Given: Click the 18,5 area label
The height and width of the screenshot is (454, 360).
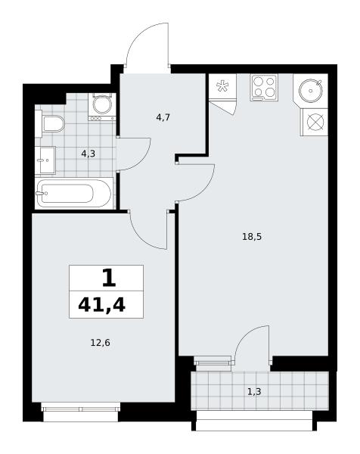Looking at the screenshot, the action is (x=252, y=237).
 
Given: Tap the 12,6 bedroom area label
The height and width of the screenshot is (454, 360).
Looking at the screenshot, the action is (x=100, y=343).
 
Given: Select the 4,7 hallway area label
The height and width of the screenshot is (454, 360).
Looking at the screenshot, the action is (x=163, y=117).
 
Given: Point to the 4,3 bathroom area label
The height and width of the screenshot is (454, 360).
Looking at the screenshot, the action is (x=88, y=154).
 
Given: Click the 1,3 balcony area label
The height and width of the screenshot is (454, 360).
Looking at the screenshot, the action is (x=254, y=392).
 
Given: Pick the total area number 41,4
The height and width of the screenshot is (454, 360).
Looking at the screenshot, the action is (x=101, y=305).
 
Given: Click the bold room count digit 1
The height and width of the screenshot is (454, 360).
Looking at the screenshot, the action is (x=109, y=278).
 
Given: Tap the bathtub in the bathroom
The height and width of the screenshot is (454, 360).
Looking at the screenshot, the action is (x=74, y=193).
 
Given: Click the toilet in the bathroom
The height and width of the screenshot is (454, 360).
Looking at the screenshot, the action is (x=53, y=124).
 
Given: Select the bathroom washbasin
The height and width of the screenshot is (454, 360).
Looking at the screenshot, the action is (x=45, y=160).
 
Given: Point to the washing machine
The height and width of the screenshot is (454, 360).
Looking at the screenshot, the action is (x=102, y=107).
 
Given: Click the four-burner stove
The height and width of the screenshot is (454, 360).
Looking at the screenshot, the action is (x=264, y=88).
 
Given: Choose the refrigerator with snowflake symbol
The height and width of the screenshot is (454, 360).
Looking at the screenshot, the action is (x=222, y=86).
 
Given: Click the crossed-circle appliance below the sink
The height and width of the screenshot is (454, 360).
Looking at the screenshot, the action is (x=315, y=122).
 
